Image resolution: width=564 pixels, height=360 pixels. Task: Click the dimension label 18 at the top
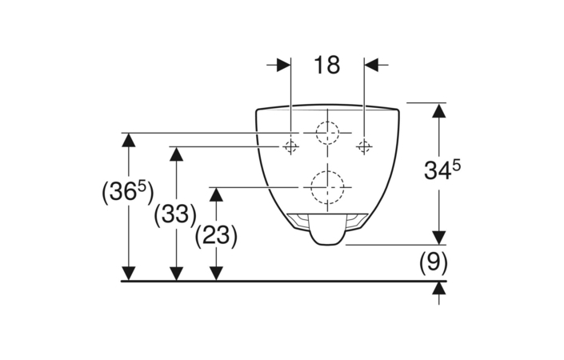[326, 65]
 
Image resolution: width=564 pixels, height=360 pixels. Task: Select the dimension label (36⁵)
[128, 192]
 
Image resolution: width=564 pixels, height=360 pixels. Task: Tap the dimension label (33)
[175, 215]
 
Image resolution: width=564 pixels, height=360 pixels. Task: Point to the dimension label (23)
[216, 236]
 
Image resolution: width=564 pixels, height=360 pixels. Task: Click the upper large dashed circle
[327, 133]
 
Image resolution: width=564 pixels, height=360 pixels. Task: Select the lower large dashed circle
[327, 187]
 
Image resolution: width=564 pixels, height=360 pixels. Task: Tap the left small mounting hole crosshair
[290, 146]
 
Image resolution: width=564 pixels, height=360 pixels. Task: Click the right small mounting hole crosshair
[364, 146]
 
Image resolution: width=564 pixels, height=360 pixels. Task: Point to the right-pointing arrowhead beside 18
[284, 65]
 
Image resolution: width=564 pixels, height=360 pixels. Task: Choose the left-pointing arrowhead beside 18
[371, 65]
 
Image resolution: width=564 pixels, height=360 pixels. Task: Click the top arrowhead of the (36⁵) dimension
[129, 140]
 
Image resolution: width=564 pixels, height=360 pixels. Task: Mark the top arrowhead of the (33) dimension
[176, 154]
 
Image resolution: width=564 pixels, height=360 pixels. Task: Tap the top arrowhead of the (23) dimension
[216, 194]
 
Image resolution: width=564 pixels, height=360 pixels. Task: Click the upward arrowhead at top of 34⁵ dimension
[439, 110]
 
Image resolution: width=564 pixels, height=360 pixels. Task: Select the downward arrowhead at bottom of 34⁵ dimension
[439, 238]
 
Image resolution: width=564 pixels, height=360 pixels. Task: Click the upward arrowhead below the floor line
[439, 288]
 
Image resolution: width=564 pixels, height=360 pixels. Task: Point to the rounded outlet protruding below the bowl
[327, 230]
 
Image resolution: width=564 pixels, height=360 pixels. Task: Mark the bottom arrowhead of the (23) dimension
[216, 274]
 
